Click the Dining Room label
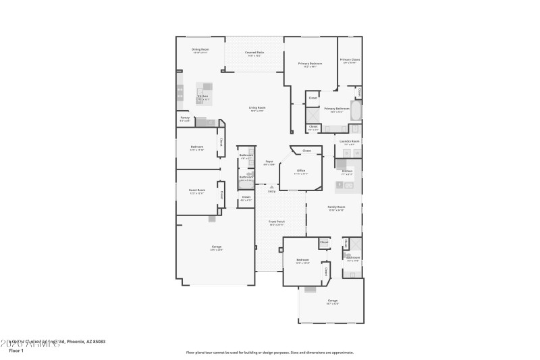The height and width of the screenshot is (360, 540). [x=200, y=49]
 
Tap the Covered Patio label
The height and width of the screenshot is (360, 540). [x=254, y=53]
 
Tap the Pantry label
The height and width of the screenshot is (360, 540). [x=185, y=118]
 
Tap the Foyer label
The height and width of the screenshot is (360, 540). [x=269, y=161]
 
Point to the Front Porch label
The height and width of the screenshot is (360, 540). [x=277, y=222]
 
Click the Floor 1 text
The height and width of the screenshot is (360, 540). [x=16, y=351]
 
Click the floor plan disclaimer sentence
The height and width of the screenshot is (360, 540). [x=270, y=352]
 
